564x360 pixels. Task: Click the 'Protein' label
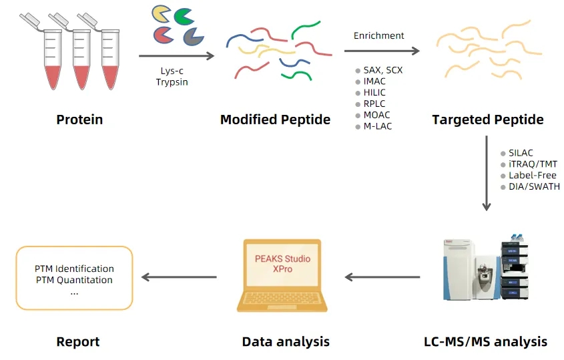79,120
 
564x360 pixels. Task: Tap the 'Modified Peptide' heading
275,120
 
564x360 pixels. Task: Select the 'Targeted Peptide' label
487,120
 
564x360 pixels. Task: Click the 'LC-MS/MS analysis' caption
485,341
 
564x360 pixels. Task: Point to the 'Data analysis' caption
286,341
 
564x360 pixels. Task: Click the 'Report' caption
78,341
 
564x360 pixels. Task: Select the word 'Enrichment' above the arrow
378,35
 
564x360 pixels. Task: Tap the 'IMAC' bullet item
374,81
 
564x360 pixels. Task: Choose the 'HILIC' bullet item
375,93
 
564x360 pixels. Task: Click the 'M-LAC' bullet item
377,126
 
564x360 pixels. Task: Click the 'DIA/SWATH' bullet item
534,186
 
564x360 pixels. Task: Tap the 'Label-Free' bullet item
532,175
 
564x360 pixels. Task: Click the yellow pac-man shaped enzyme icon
160,13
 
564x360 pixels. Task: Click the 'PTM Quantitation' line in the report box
73,280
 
